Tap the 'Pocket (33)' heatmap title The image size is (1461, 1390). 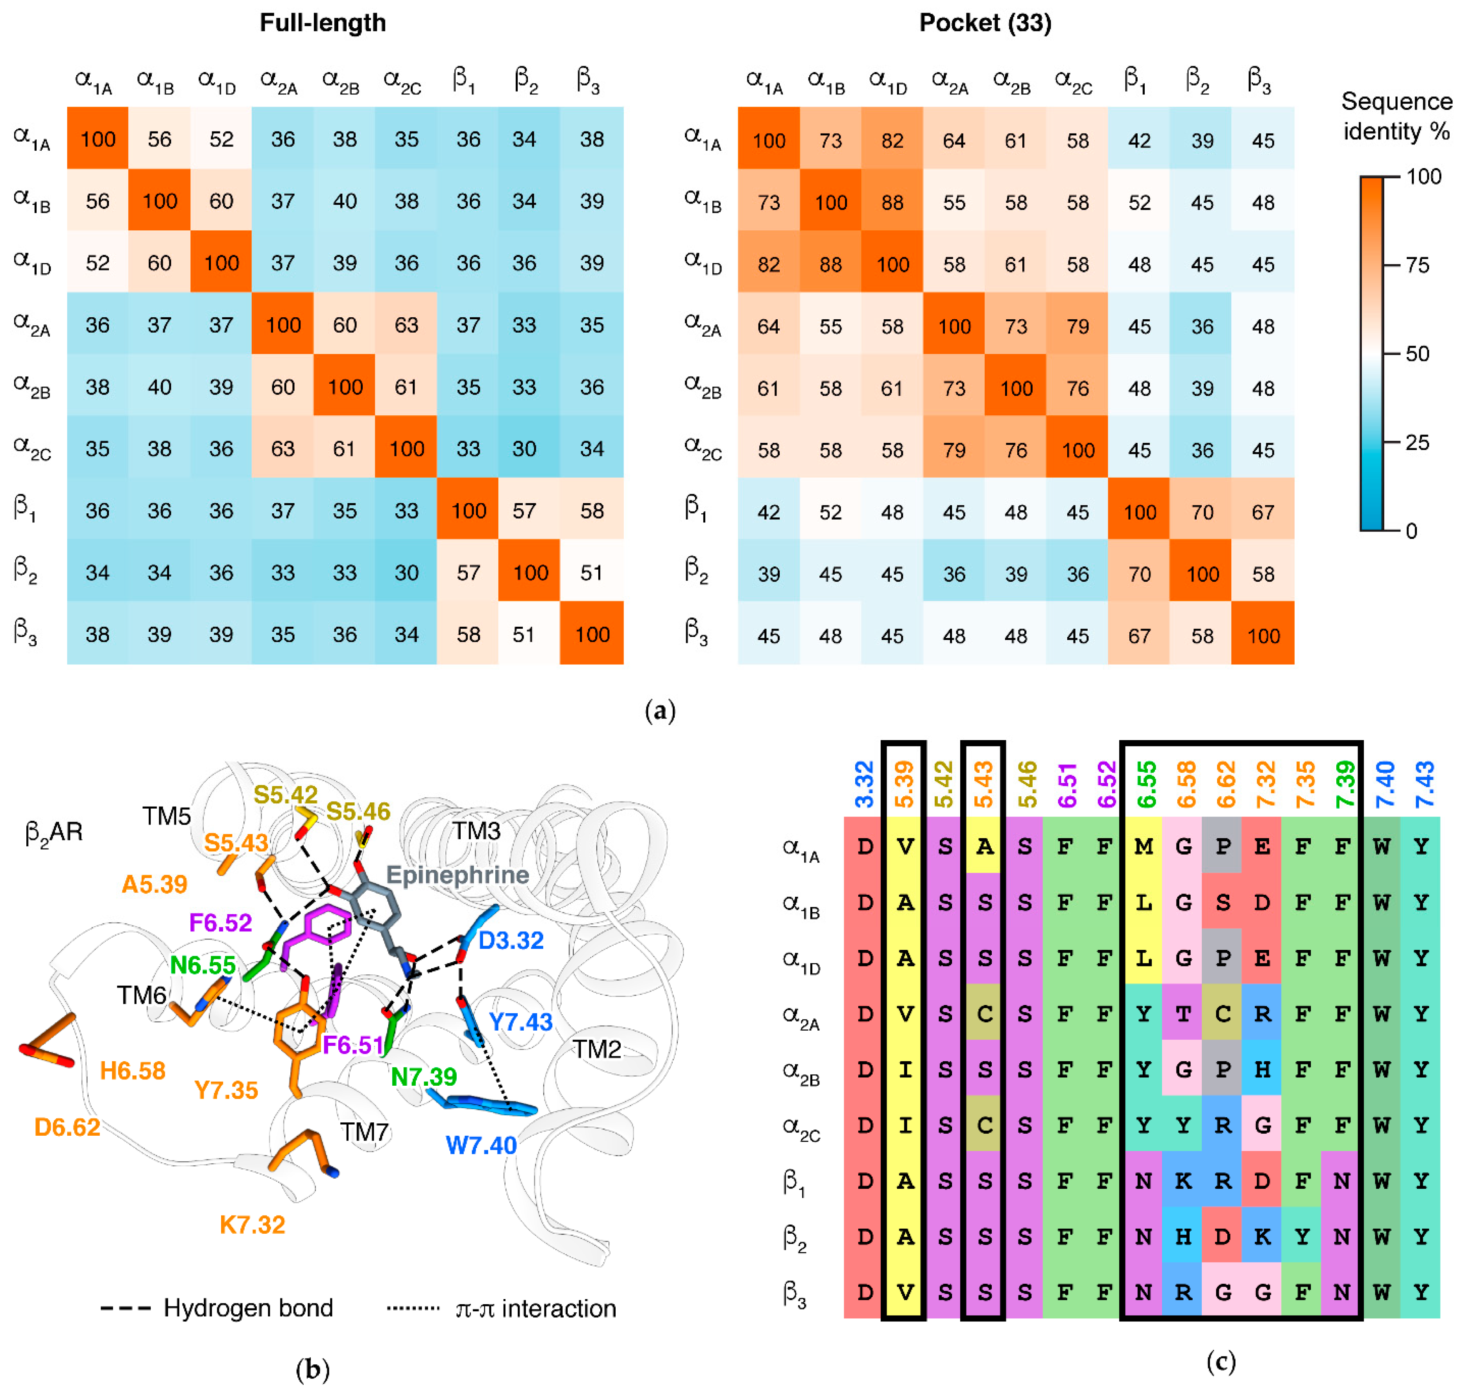click(x=985, y=23)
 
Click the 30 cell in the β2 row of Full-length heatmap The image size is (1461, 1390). click(x=406, y=573)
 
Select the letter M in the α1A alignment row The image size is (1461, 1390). click(x=1143, y=846)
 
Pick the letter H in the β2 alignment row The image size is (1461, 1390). click(x=1182, y=1236)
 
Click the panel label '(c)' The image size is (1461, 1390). click(x=1220, y=1361)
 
